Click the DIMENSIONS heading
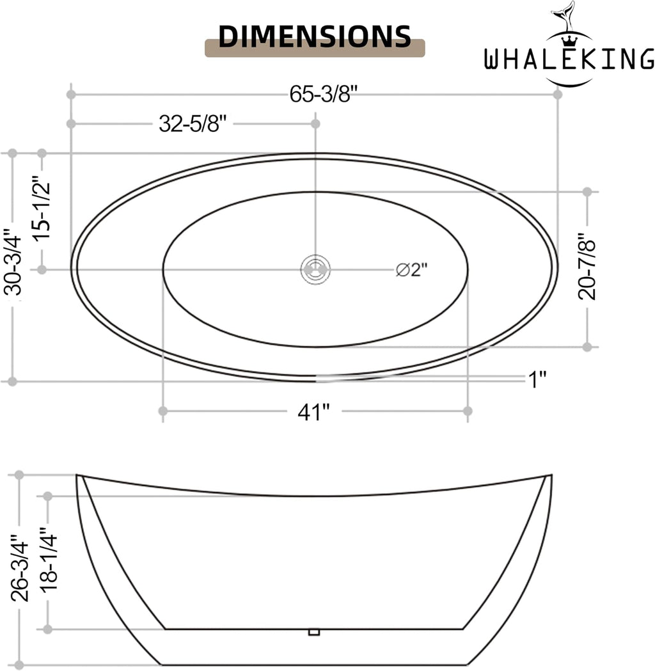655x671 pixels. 315,36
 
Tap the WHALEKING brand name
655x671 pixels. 569,59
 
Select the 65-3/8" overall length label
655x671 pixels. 323,94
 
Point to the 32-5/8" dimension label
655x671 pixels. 192,124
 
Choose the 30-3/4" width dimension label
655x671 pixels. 12,262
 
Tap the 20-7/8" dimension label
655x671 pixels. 587,266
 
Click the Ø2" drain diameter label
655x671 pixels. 411,270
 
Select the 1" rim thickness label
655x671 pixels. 538,379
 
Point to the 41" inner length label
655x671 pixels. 314,413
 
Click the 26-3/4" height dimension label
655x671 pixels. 20,567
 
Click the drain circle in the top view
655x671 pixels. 316,269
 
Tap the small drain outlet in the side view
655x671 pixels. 314,632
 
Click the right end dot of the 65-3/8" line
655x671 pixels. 558,94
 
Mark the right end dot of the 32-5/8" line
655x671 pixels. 315,123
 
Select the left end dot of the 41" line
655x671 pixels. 162,411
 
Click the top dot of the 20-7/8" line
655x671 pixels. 587,192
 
